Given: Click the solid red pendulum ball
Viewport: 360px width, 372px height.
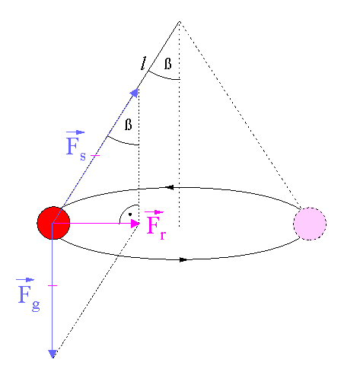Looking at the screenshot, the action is [x=53, y=223].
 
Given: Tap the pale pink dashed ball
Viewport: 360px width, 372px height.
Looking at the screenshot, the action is [x=310, y=224].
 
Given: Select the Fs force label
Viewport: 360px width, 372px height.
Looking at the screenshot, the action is [x=76, y=146].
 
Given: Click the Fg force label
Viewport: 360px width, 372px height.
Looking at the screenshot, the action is [x=28, y=294].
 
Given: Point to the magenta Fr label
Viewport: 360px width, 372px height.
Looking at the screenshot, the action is [x=155, y=225].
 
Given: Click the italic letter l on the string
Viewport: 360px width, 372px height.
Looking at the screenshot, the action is [x=144, y=63].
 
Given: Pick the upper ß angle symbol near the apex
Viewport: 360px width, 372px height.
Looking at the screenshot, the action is [x=167, y=64].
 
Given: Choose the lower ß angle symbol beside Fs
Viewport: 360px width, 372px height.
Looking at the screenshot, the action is [x=129, y=125].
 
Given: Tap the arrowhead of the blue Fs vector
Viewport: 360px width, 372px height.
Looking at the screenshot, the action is [x=135, y=93].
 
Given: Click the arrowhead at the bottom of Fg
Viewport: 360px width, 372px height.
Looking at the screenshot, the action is [x=53, y=354].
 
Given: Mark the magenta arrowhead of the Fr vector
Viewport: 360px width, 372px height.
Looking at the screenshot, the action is [x=135, y=224].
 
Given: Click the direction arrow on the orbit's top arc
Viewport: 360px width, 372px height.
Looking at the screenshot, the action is [x=169, y=187].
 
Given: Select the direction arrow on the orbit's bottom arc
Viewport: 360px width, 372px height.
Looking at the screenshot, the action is [x=183, y=259].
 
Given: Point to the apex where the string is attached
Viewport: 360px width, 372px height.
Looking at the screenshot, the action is [x=180, y=22].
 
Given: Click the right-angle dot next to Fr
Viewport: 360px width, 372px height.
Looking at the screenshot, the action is [x=130, y=215].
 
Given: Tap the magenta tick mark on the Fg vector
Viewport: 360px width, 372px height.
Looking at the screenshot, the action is [x=53, y=285].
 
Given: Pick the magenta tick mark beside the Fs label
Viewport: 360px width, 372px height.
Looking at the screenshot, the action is [x=95, y=155].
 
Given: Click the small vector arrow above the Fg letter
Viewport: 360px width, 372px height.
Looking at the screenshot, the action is [x=25, y=280].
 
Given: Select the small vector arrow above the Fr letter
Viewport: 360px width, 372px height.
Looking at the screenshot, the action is [x=154, y=212].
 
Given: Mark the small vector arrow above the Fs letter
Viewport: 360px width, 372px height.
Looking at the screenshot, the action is [x=75, y=132].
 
